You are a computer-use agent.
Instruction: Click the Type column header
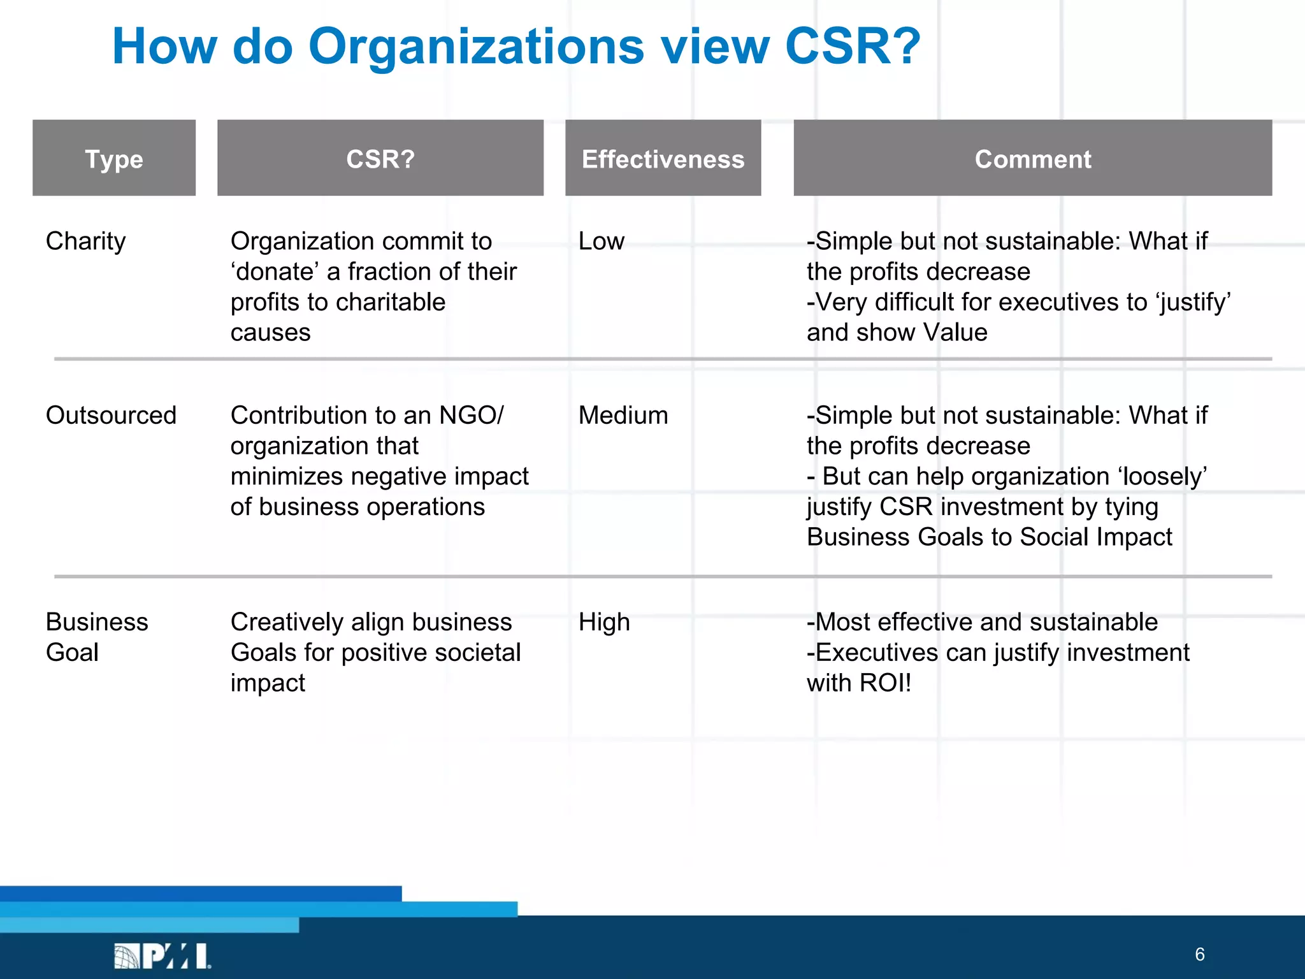pyautogui.click(x=114, y=158)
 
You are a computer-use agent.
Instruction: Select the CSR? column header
pyautogui.click(x=380, y=158)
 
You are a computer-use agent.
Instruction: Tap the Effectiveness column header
pyautogui.click(x=663, y=159)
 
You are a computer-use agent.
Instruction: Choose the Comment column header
pyautogui.click(x=1032, y=159)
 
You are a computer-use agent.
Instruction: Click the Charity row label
pyautogui.click(x=86, y=242)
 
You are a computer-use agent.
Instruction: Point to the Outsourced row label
pyautogui.click(x=111, y=416)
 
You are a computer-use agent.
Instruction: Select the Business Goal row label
pyautogui.click(x=96, y=637)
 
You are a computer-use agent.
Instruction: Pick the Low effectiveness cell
pyautogui.click(x=601, y=242)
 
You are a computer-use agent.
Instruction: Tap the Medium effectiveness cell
pyautogui.click(x=623, y=416)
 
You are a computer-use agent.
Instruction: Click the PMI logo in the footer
pyautogui.click(x=162, y=955)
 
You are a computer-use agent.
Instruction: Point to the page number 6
pyautogui.click(x=1199, y=954)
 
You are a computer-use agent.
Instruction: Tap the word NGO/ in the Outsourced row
pyautogui.click(x=471, y=416)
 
